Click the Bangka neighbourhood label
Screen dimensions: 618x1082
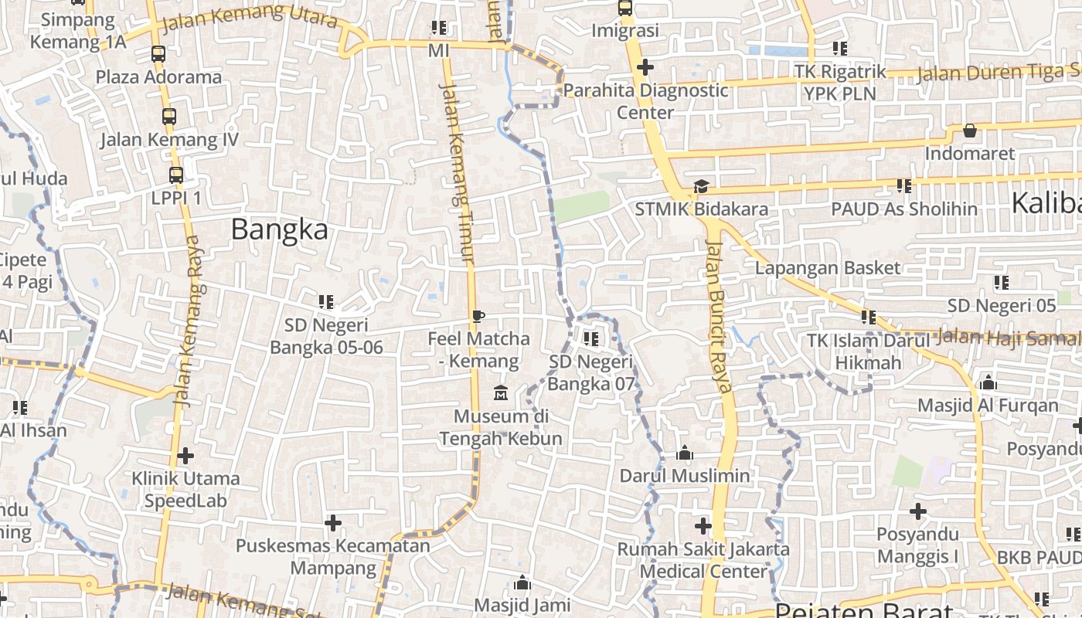tap(279, 229)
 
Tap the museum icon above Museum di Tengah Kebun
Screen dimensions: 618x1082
tap(500, 393)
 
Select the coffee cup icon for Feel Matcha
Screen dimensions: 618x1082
tap(478, 316)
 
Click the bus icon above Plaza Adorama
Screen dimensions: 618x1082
tap(158, 54)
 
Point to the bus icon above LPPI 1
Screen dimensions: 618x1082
tap(176, 175)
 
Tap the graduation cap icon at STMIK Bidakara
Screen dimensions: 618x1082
tap(701, 186)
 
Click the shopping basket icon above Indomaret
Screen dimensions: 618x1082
tap(970, 131)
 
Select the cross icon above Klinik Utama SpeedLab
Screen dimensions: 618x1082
tap(185, 456)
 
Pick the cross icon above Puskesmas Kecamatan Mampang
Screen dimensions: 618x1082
tap(333, 523)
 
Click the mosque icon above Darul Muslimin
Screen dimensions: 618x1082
tap(684, 453)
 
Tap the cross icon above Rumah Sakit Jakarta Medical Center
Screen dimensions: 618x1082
tap(703, 526)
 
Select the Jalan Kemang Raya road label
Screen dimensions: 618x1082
tap(189, 321)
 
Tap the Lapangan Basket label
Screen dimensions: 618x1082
tap(828, 268)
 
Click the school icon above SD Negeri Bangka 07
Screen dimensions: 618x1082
tap(591, 338)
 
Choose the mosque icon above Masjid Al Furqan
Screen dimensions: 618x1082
tap(988, 382)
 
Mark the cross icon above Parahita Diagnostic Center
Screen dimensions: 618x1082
tap(645, 67)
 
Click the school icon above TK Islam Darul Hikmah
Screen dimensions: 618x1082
tap(869, 317)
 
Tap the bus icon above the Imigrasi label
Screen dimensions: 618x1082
tap(624, 8)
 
